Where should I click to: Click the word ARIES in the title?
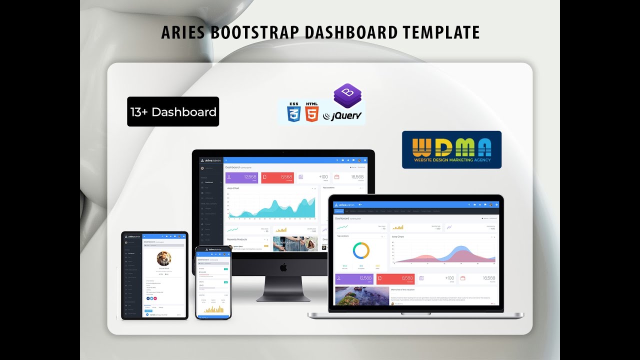point(183,32)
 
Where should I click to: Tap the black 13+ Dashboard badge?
point(173,111)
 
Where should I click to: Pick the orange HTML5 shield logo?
point(311,112)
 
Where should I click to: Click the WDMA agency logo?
point(451,149)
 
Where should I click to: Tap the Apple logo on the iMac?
point(283,267)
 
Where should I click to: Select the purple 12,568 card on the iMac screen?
point(241,177)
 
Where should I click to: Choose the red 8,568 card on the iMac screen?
point(277,177)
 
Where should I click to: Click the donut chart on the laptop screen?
point(361,250)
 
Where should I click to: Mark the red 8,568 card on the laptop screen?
point(395,279)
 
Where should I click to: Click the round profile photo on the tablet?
point(164,258)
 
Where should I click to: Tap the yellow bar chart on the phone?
point(213,309)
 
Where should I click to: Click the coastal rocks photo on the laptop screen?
point(361,296)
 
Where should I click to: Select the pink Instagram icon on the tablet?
point(155,298)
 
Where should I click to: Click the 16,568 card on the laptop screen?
point(478,279)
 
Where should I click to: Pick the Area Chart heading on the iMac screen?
point(233,188)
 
